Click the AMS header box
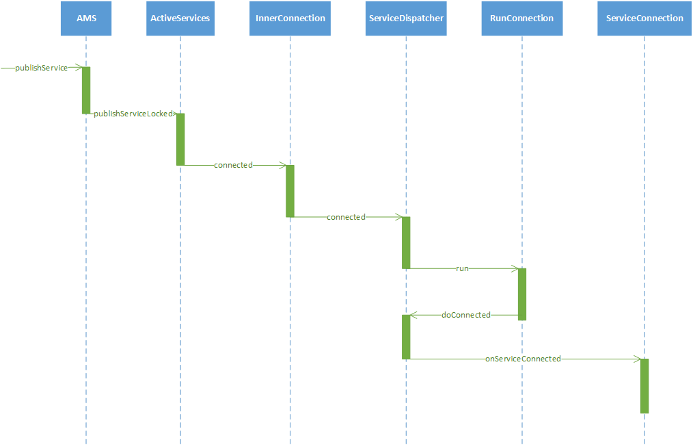86,18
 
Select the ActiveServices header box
180,18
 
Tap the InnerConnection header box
290,18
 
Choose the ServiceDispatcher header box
406,18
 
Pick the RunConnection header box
521,18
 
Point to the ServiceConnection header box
644,18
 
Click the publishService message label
41,68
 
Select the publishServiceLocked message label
133,114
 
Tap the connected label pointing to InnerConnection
233,165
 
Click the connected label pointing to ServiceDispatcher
346,217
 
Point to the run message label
463,268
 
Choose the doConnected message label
466,315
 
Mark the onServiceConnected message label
523,359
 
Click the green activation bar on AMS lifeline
86,90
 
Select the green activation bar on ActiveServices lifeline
180,139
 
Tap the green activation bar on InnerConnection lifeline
290,191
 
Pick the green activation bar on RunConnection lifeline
521,294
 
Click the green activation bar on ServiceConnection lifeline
644,385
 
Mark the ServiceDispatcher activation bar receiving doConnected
406,337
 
